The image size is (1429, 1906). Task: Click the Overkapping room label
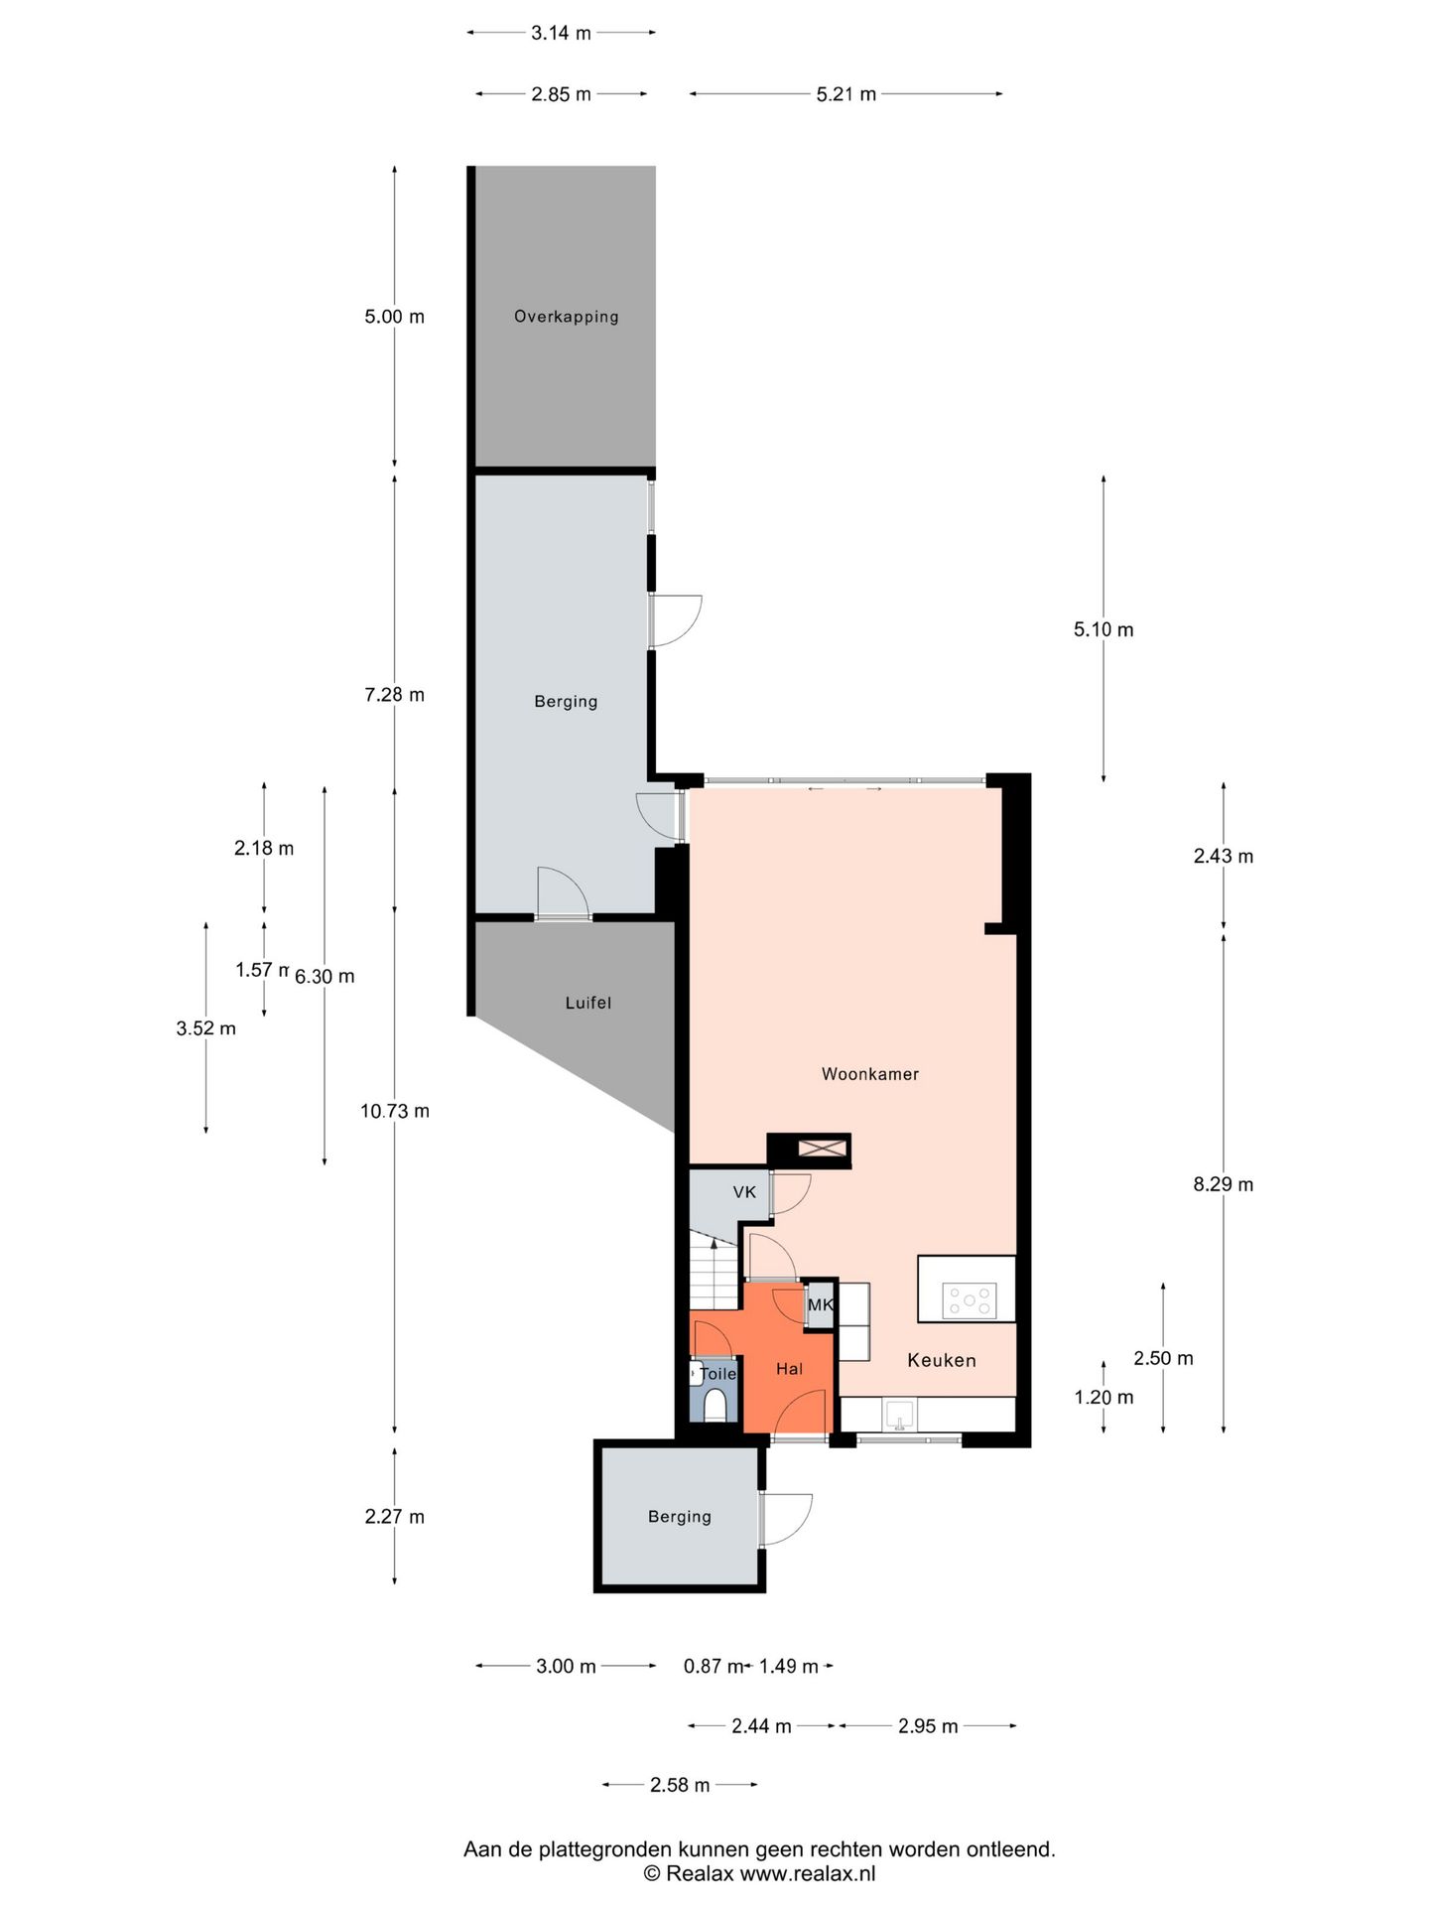click(x=566, y=317)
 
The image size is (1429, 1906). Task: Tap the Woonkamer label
click(x=870, y=1074)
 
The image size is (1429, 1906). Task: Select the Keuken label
click(x=942, y=1360)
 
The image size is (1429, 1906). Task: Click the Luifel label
click(x=588, y=1003)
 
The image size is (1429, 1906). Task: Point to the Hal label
click(x=790, y=1369)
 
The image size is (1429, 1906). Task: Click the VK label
click(x=744, y=1192)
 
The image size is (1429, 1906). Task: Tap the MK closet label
click(x=821, y=1304)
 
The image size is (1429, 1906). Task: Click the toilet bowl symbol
click(x=715, y=1405)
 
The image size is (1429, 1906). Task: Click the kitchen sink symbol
click(x=900, y=1415)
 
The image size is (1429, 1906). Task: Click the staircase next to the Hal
click(x=714, y=1272)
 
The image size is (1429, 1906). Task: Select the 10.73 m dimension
click(x=395, y=1111)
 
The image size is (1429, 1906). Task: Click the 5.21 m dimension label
click(x=846, y=94)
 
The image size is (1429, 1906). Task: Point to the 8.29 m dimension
click(x=1224, y=1184)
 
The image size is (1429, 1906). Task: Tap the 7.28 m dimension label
click(x=394, y=695)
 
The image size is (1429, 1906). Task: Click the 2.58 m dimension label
click(x=680, y=1785)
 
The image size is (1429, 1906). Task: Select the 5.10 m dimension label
click(x=1104, y=629)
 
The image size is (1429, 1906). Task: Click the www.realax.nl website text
click(x=808, y=1874)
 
